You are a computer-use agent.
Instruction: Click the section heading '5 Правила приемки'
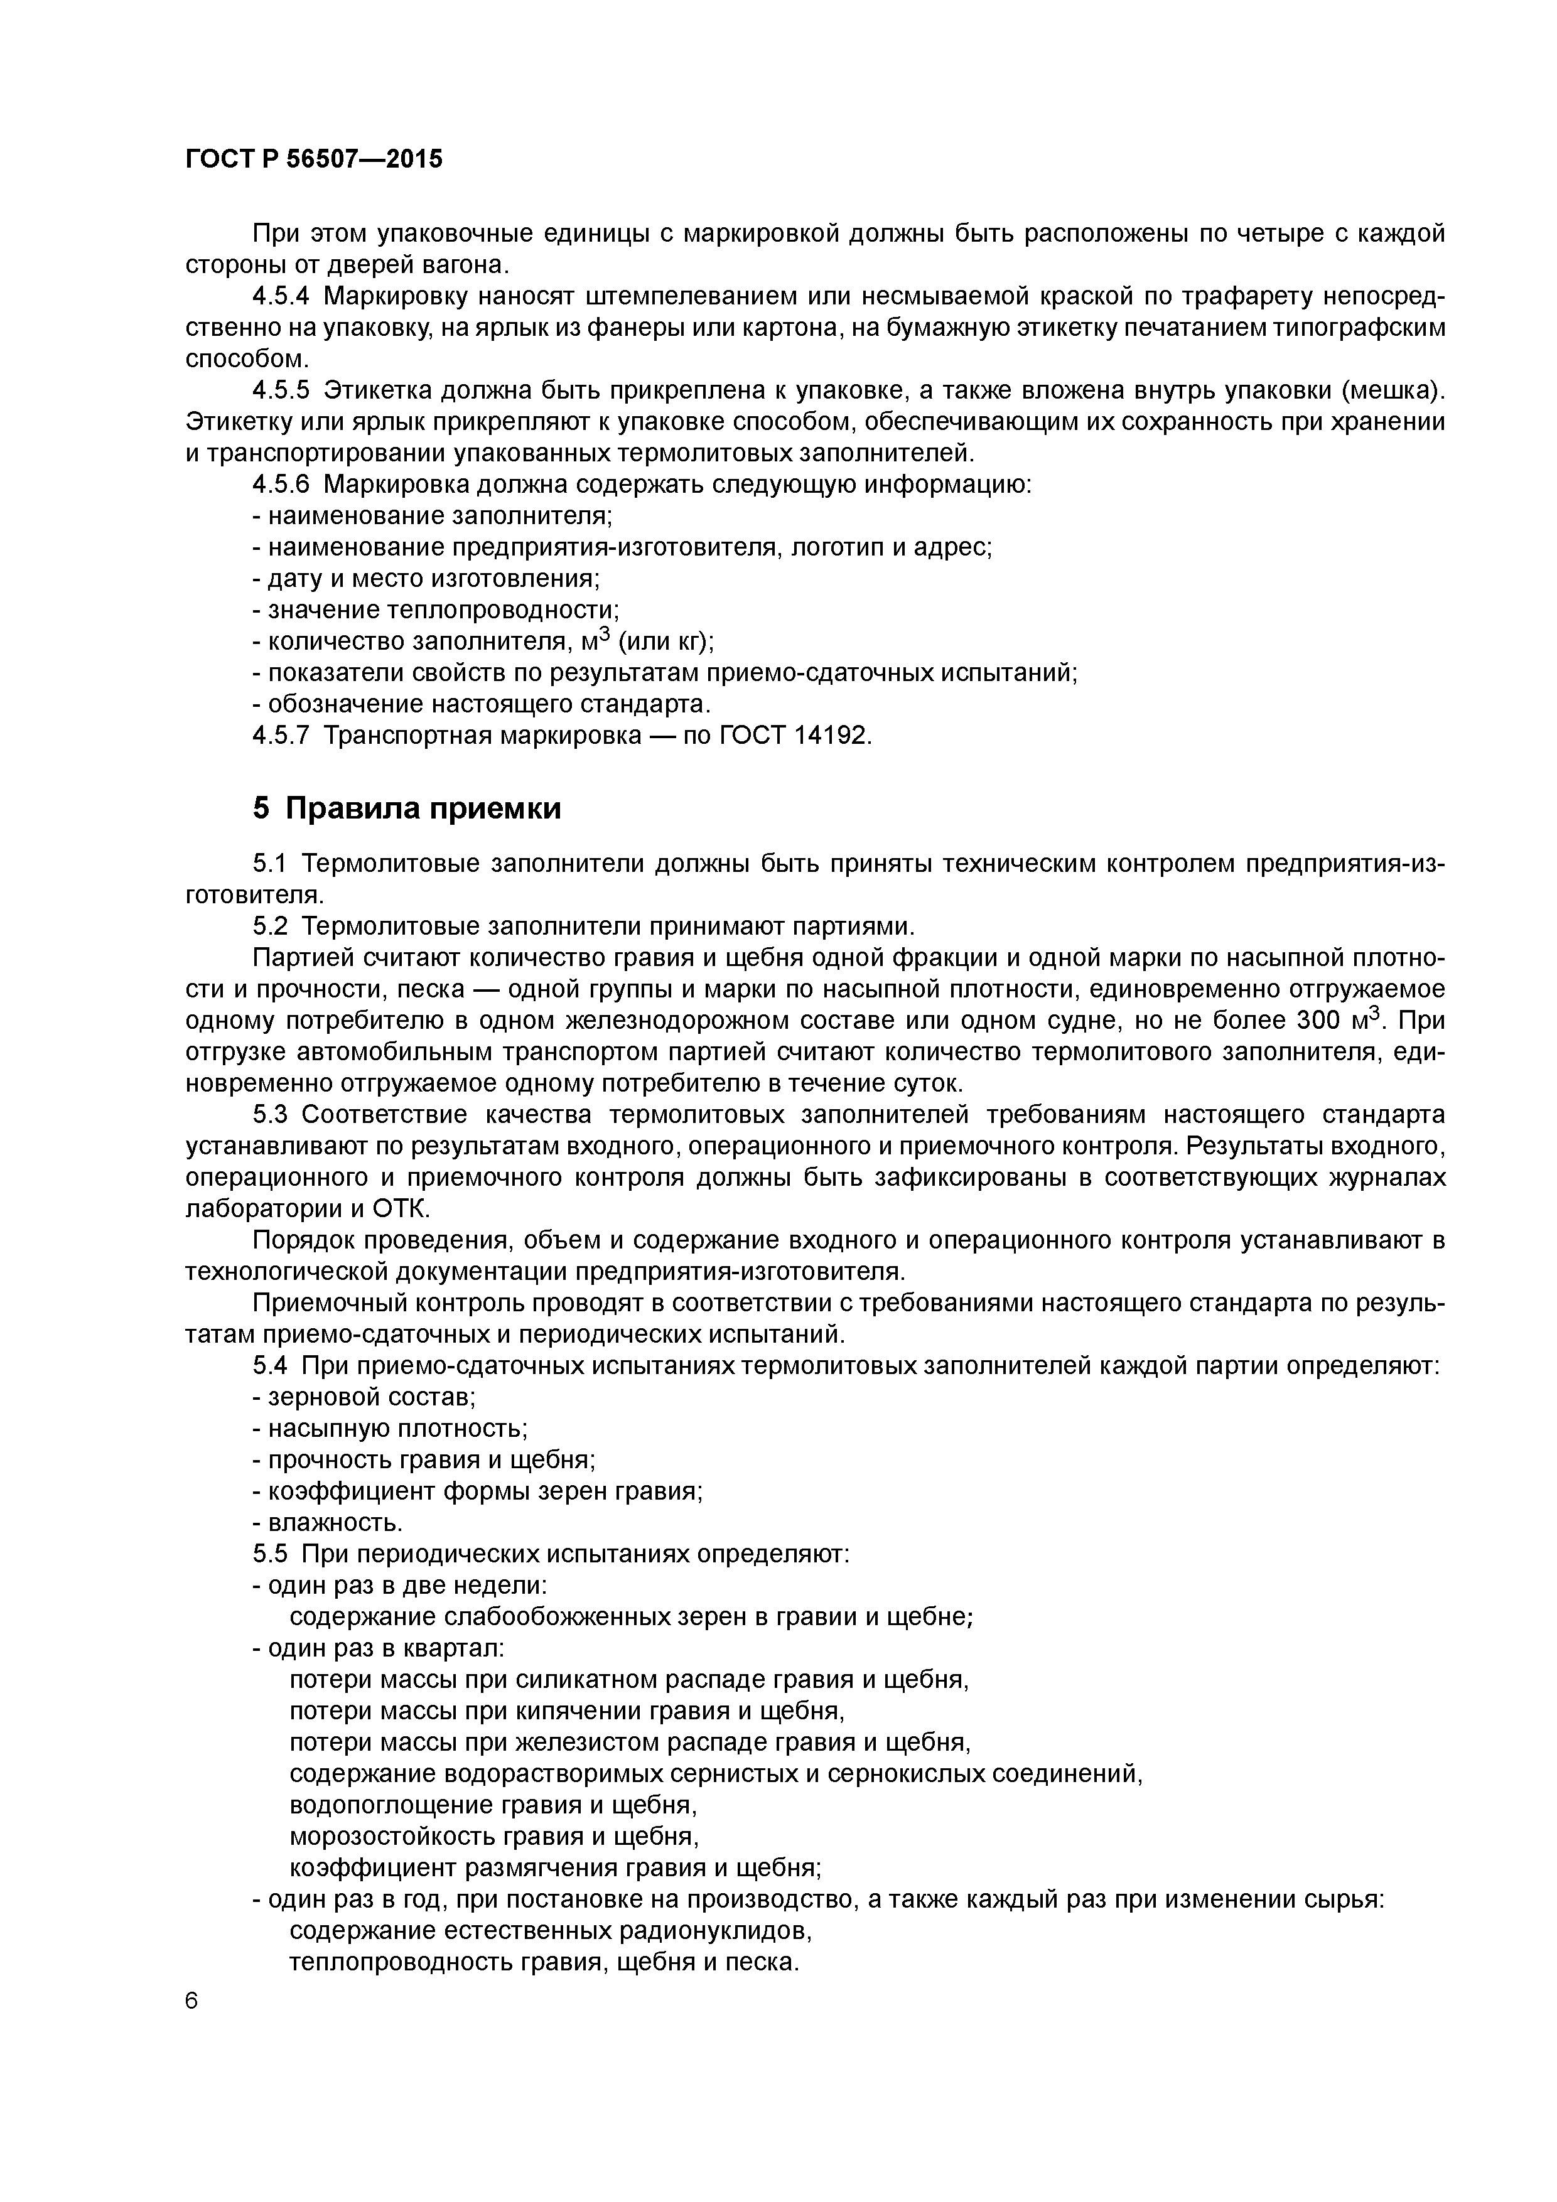(x=407, y=808)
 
